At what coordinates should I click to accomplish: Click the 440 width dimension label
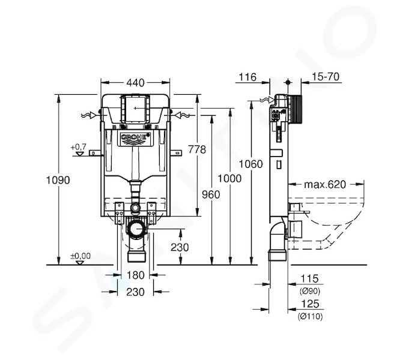pyautogui.click(x=135, y=83)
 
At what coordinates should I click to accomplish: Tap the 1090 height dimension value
pyautogui.click(x=58, y=180)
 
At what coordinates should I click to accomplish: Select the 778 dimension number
pyautogui.click(x=197, y=149)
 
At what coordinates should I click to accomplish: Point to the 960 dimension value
pyautogui.click(x=211, y=194)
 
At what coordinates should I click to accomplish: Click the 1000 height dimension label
pyautogui.click(x=229, y=179)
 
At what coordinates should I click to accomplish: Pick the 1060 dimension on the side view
pyautogui.click(x=251, y=164)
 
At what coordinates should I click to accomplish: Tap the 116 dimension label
pyautogui.click(x=248, y=77)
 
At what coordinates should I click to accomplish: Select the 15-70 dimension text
pyautogui.click(x=326, y=77)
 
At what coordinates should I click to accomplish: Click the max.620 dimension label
pyautogui.click(x=325, y=185)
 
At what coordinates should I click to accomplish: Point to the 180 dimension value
pyautogui.click(x=135, y=275)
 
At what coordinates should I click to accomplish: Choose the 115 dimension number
pyautogui.click(x=310, y=278)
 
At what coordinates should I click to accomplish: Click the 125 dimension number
pyautogui.click(x=310, y=304)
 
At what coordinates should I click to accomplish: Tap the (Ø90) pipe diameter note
pyautogui.click(x=310, y=291)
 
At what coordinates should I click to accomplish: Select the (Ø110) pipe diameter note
pyautogui.click(x=310, y=316)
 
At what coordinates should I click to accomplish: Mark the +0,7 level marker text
pyautogui.click(x=78, y=147)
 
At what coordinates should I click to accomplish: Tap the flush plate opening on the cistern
pyautogui.click(x=135, y=109)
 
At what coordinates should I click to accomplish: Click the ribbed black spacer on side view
pyautogui.click(x=295, y=109)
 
